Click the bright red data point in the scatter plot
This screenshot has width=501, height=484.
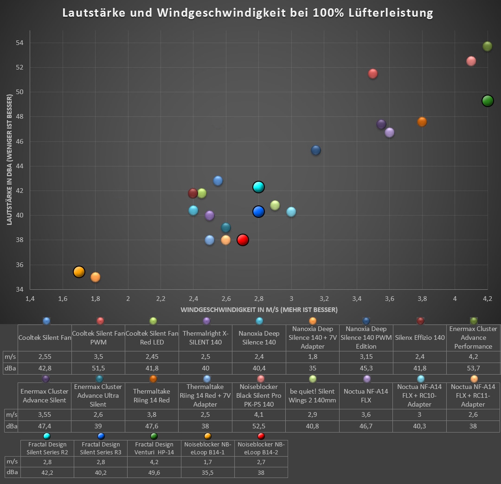point(243,240)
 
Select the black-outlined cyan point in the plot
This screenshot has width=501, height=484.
point(258,187)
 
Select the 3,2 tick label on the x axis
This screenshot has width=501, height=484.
point(324,298)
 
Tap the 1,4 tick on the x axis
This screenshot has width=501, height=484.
point(30,298)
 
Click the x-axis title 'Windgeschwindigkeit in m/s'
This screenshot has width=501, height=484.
point(259,309)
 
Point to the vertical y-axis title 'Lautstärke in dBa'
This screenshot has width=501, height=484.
point(9,160)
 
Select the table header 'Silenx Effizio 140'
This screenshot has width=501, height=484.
point(420,338)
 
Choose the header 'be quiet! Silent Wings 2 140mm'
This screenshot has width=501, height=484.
point(312,395)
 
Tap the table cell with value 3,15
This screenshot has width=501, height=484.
point(366,357)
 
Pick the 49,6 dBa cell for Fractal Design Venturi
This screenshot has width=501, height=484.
point(154,472)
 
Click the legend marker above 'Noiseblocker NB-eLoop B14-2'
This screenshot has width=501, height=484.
point(261,436)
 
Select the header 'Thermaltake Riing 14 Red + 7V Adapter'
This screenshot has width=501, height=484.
point(207,395)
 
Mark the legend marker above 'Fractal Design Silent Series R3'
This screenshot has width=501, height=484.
point(101,436)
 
